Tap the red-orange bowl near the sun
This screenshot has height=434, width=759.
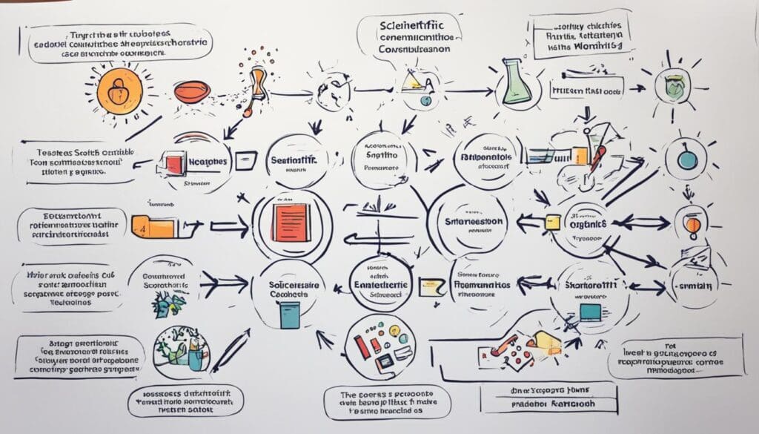192,91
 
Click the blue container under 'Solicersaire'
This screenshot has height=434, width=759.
289,315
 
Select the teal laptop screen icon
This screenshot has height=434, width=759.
589,312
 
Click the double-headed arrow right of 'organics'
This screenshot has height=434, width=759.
638,222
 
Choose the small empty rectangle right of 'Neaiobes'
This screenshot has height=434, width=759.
247,159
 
